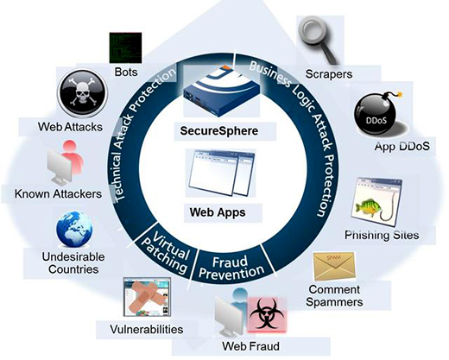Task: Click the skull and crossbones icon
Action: tap(83, 93)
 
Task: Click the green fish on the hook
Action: tap(369, 208)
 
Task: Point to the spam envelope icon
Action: tap(334, 266)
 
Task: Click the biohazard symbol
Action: tap(267, 314)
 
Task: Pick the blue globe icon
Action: tap(74, 230)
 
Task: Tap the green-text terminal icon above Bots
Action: tap(125, 47)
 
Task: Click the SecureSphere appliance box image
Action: tap(222, 91)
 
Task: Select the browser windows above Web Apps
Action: tap(221, 174)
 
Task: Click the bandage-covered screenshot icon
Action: tap(147, 297)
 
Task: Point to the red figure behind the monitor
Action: tap(73, 157)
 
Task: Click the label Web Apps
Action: tap(218, 212)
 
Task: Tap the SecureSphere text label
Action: tap(219, 131)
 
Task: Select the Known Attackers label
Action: tap(58, 193)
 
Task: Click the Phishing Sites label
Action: tap(382, 235)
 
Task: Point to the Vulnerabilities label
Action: tap(147, 329)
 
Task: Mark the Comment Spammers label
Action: tap(334, 295)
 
